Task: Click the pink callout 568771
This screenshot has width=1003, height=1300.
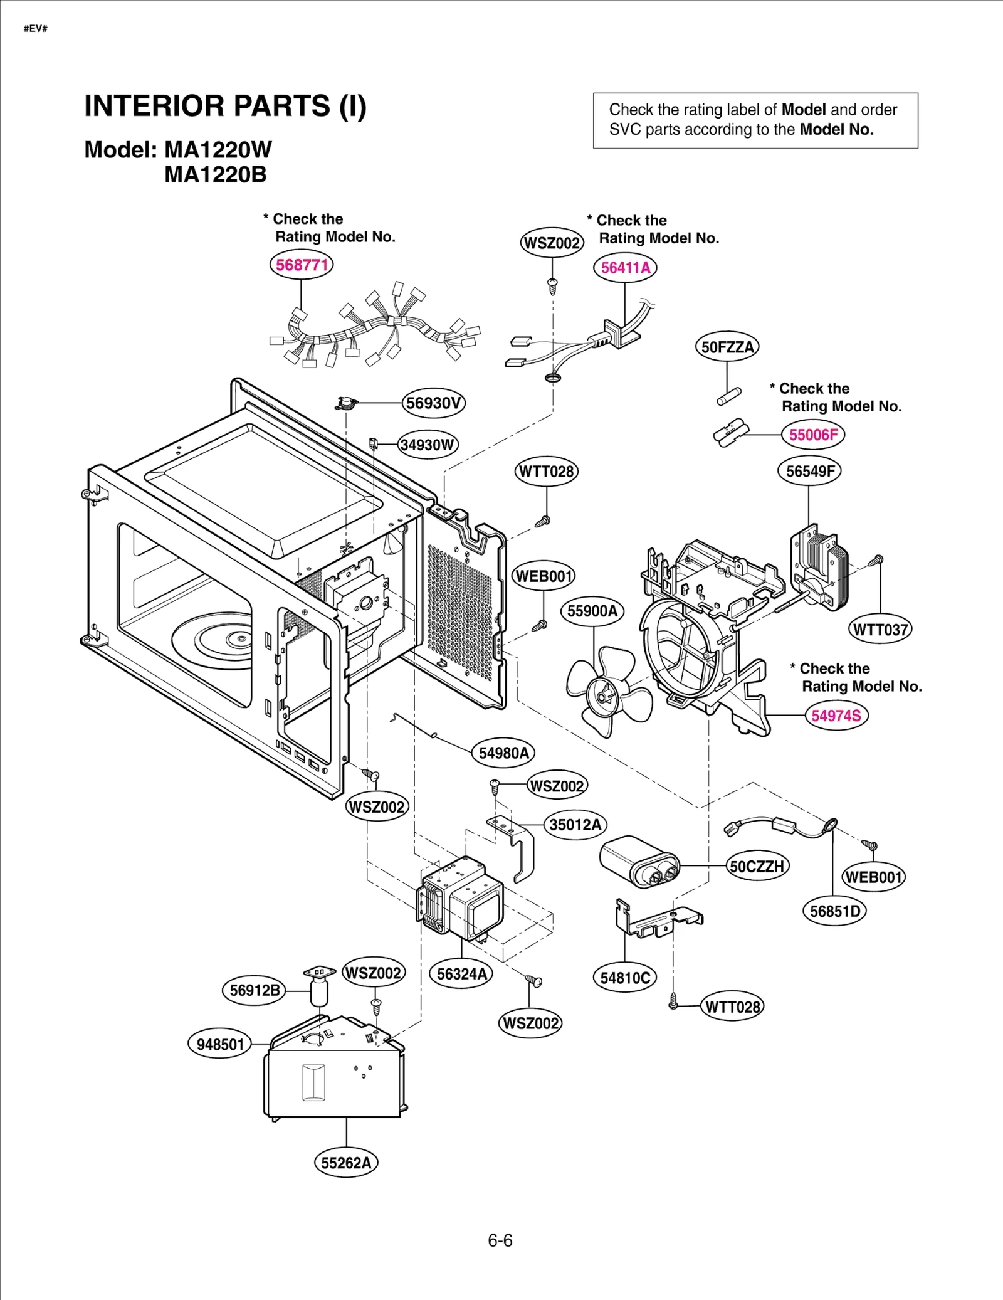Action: (x=302, y=265)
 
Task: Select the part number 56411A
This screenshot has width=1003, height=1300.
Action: (x=625, y=268)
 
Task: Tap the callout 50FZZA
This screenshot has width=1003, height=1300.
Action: (x=727, y=347)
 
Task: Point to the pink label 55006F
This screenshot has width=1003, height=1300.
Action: (x=813, y=435)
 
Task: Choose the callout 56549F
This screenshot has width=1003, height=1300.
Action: (x=809, y=471)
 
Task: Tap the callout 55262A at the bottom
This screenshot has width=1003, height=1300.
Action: (x=346, y=1163)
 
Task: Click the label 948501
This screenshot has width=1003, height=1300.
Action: (x=220, y=1044)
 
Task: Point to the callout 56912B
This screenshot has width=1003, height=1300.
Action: (x=254, y=991)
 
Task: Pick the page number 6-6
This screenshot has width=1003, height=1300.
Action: (x=500, y=1240)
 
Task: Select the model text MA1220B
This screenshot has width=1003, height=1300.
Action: (x=216, y=175)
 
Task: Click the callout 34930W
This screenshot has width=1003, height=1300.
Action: (x=428, y=445)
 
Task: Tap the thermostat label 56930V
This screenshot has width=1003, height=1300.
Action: (x=434, y=403)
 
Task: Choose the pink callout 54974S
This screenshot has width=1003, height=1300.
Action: (x=836, y=716)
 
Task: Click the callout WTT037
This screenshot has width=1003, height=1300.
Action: (x=880, y=629)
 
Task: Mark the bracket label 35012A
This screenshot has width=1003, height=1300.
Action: (x=575, y=824)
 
